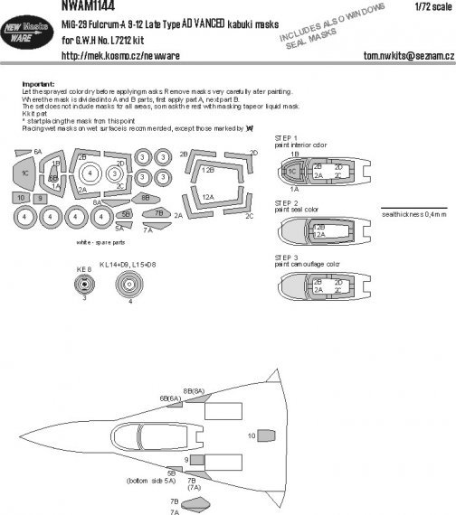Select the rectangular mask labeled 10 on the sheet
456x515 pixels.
(22, 197)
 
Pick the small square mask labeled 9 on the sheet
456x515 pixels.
(40, 197)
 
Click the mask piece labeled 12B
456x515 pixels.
(208, 170)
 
